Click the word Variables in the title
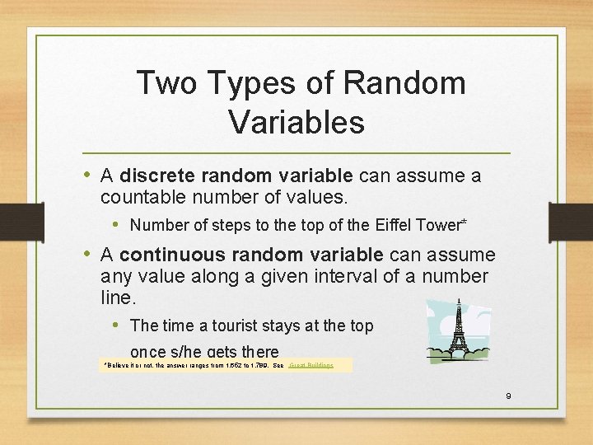click(296, 122)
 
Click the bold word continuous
click(172, 255)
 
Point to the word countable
click(141, 198)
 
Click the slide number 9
click(508, 396)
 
